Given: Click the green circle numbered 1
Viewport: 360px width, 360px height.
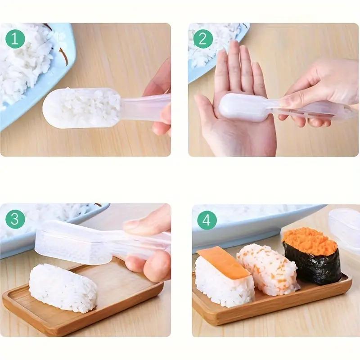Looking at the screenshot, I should point(15,39).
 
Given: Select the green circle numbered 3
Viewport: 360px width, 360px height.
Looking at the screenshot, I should point(15,220).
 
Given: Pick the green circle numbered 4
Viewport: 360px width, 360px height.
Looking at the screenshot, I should point(207,220).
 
